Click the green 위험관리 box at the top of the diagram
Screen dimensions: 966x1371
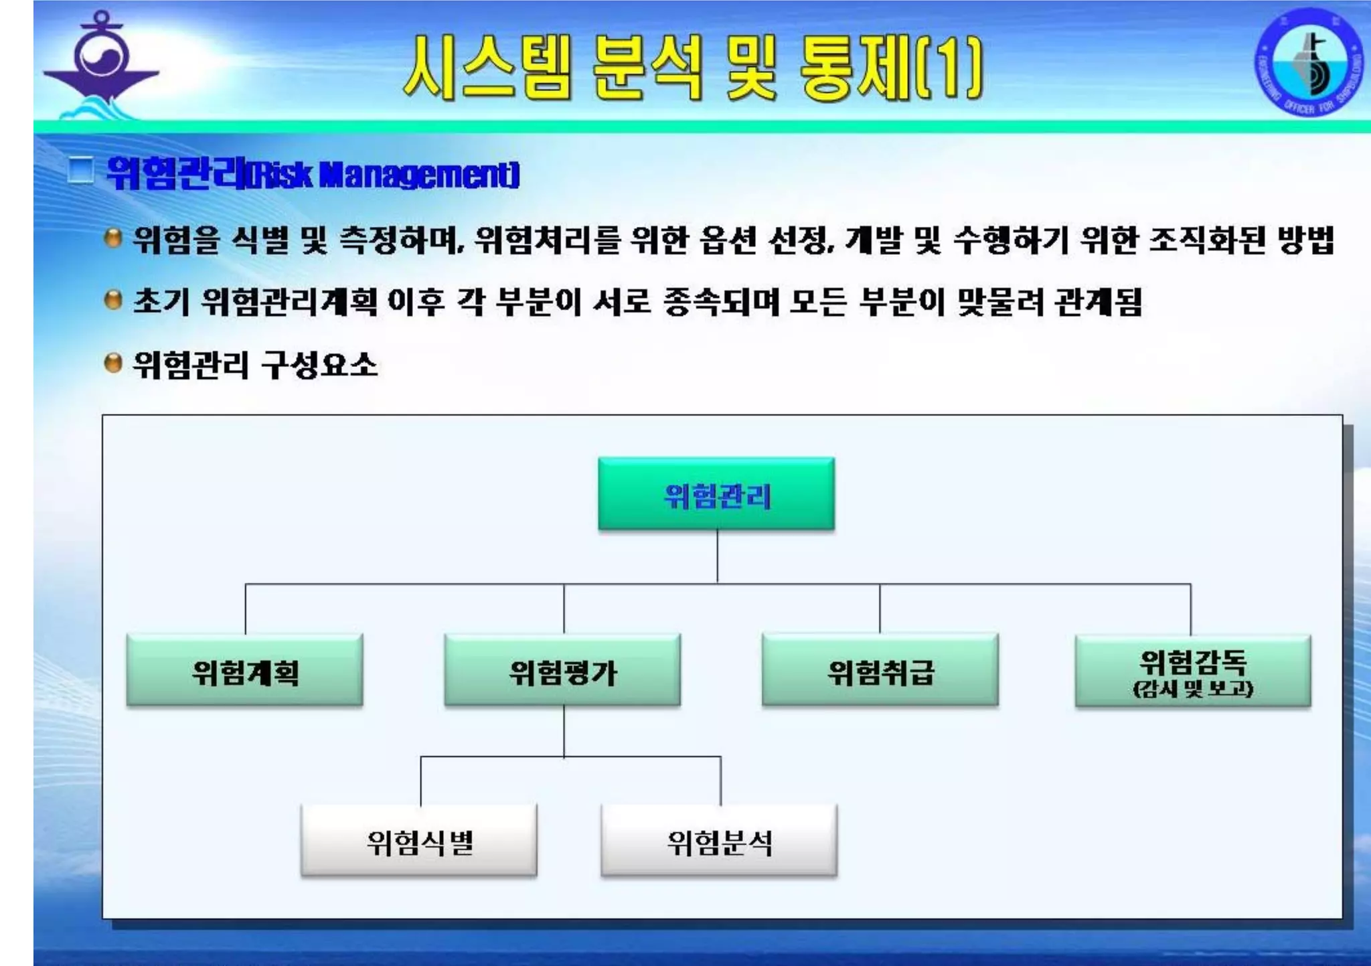tap(716, 494)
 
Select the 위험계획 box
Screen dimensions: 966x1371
tap(245, 670)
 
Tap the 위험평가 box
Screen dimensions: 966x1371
tap(562, 670)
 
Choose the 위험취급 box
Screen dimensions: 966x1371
tap(880, 670)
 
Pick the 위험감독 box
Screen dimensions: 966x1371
tap(1193, 663)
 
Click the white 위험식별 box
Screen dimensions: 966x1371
tap(419, 841)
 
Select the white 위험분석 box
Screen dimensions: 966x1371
tap(720, 841)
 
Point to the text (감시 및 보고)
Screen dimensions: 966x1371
tap(1193, 689)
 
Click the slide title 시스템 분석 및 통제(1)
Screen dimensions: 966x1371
tap(693, 68)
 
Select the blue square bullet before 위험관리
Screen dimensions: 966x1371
tap(81, 170)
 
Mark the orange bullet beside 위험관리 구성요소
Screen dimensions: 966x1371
tap(114, 364)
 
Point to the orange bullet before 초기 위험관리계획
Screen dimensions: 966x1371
tap(114, 301)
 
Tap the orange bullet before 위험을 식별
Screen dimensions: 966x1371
tap(114, 238)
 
